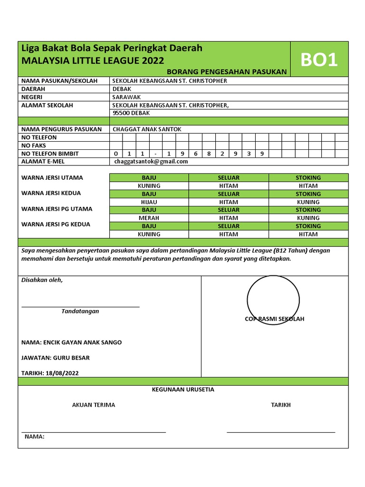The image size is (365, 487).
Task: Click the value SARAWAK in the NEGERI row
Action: pyautogui.click(x=127, y=97)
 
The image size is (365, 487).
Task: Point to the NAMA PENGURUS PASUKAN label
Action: pyautogui.click(x=62, y=129)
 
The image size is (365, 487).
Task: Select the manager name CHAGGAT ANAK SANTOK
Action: pyautogui.click(x=147, y=129)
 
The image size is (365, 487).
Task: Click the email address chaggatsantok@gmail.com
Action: pyautogui.click(x=151, y=162)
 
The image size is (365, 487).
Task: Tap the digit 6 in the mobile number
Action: pyautogui.click(x=195, y=154)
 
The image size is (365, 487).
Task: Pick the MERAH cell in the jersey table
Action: pyautogui.click(x=149, y=218)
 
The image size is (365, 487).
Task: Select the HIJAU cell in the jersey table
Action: pyautogui.click(x=149, y=202)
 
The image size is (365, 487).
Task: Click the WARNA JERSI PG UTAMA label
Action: pyautogui.click(x=57, y=209)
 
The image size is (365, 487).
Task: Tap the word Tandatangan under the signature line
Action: pyautogui.click(x=80, y=311)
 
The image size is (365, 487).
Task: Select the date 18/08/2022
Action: pyautogui.click(x=62, y=373)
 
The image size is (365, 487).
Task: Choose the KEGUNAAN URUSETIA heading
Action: pyautogui.click(x=183, y=390)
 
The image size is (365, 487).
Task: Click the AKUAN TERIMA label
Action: pyautogui.click(x=94, y=405)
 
